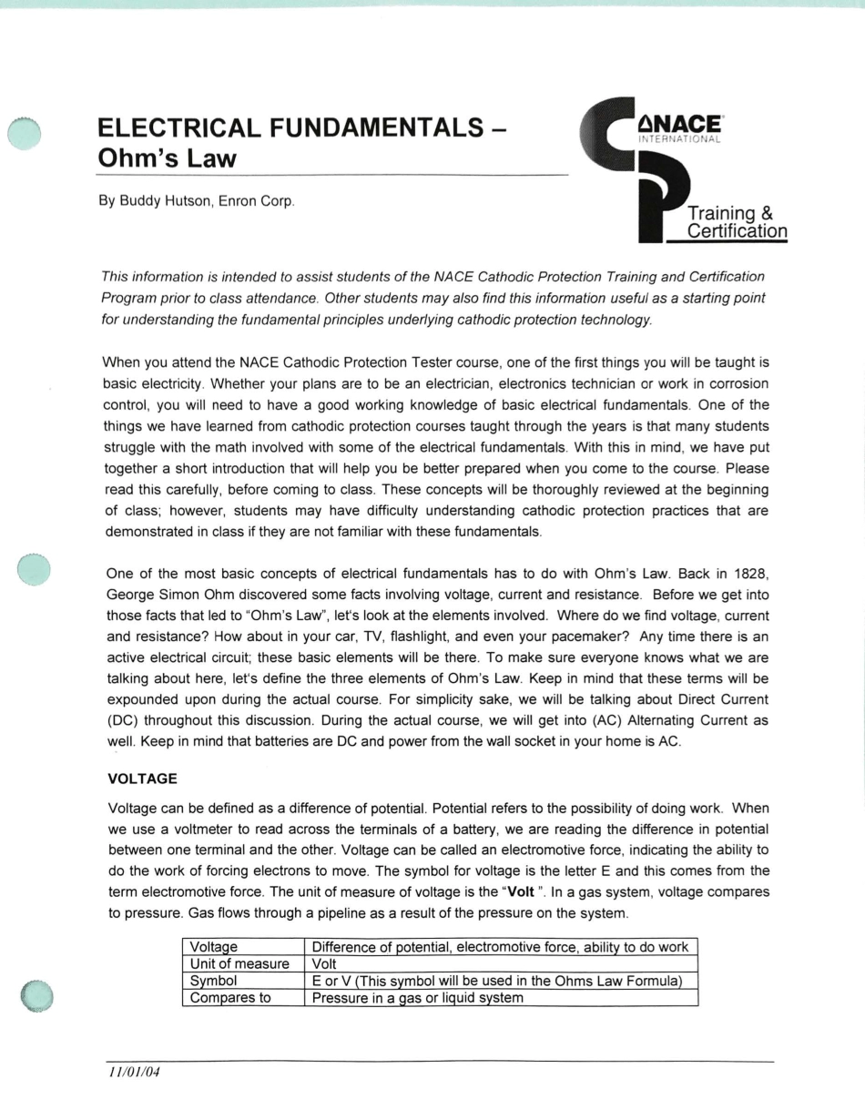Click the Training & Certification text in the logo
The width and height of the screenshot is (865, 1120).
pos(736,223)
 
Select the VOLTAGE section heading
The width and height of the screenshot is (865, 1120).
pos(142,779)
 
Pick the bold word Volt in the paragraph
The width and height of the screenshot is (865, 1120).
pos(520,891)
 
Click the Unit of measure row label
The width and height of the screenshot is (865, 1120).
pos(239,964)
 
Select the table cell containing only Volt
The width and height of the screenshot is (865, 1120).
pos(324,964)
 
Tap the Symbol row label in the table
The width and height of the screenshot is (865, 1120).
pos(213,981)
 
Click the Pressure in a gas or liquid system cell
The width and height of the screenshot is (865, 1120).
pos(417,997)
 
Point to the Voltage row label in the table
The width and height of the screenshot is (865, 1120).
pos(213,947)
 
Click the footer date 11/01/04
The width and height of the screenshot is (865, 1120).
pos(134,1072)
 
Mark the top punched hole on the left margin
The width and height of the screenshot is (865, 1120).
pos(25,133)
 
